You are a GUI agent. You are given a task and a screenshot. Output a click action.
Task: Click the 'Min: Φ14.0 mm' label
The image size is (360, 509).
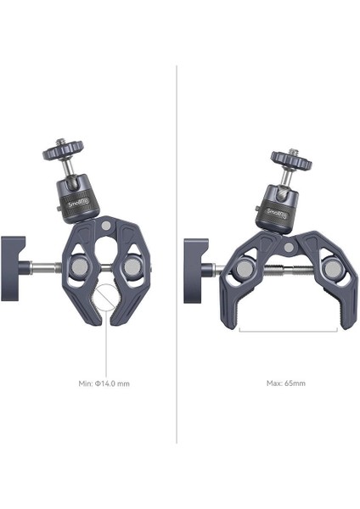coord(104,383)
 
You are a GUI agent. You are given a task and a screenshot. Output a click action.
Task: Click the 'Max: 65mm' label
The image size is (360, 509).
coord(286,383)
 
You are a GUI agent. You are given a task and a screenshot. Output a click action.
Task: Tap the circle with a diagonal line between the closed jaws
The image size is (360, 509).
coord(105,295)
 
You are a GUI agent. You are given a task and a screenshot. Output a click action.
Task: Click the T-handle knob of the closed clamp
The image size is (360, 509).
coord(13,268)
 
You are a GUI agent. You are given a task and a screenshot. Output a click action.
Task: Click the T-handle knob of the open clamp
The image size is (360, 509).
coord(196,271)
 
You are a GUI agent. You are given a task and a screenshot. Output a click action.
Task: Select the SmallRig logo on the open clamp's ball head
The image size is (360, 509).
coord(277,213)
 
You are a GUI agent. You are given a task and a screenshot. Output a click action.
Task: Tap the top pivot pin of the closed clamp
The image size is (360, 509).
coord(105,226)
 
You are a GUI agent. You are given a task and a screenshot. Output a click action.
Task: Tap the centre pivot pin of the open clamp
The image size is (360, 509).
coord(288,248)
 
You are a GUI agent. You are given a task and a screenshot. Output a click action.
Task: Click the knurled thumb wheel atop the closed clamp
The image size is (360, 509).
coord(63,150)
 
